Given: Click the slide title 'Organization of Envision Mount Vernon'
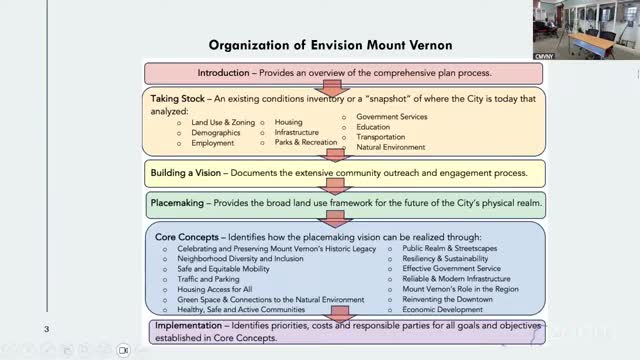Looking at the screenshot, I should pyautogui.click(x=330, y=45).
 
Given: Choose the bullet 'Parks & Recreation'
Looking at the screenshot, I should pyautogui.click(x=307, y=143).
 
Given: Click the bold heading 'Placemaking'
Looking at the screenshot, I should pyautogui.click(x=179, y=201).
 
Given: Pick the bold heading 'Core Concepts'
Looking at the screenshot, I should pyautogui.click(x=184, y=237).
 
